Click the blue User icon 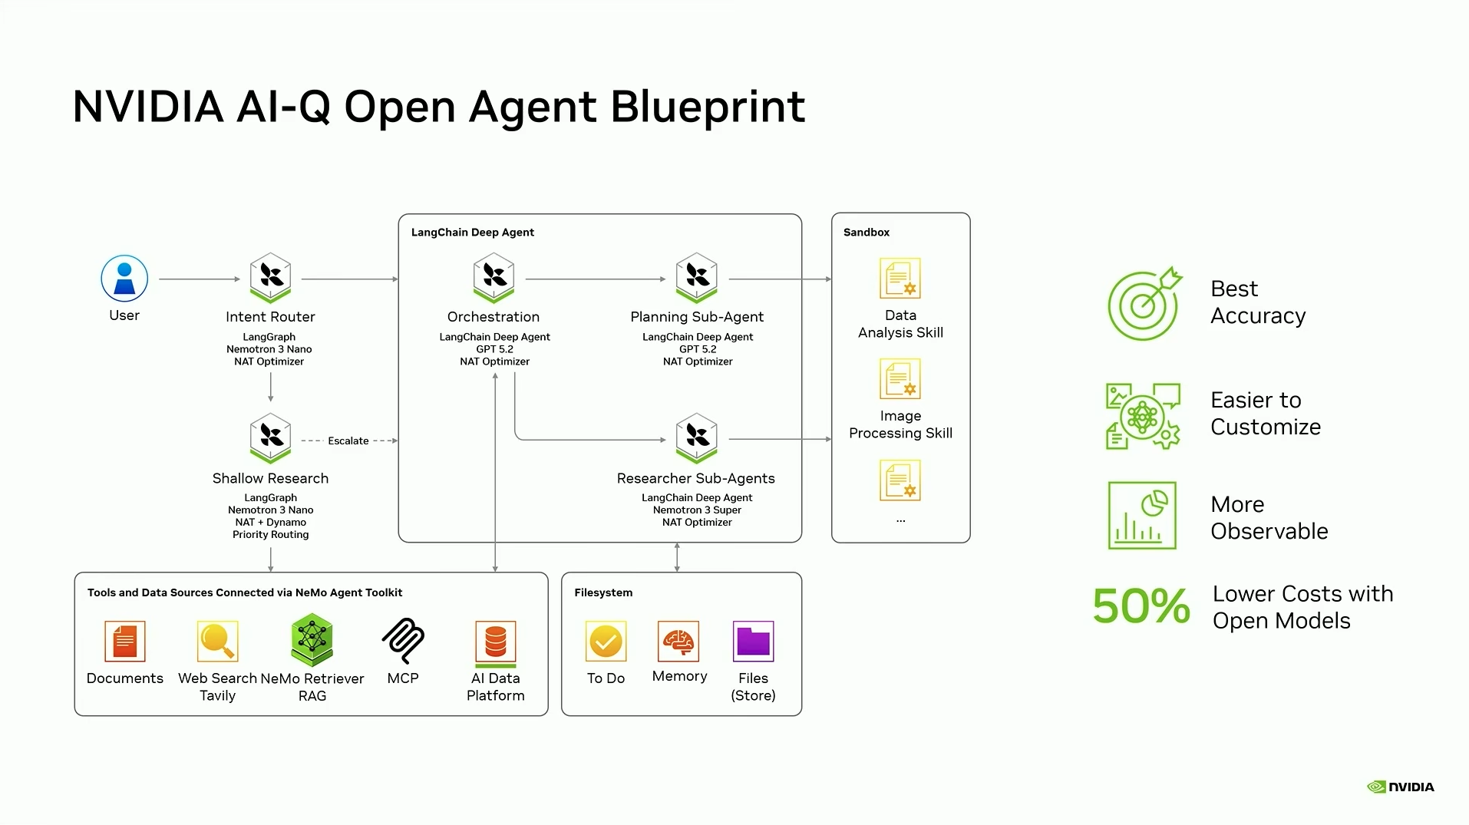124,278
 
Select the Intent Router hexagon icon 270,277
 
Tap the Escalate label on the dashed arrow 348,441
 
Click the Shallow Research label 270,478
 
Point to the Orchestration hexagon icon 494,277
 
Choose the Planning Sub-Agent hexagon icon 696,277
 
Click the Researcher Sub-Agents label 695,478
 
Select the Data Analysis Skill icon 900,279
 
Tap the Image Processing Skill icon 900,379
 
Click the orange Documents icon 124,641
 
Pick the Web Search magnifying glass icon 217,641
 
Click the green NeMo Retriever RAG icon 312,639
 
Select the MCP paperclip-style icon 403,640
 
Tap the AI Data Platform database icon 495,642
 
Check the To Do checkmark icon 606,641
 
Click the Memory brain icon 678,641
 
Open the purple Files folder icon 753,641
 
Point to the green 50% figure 1141,606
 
